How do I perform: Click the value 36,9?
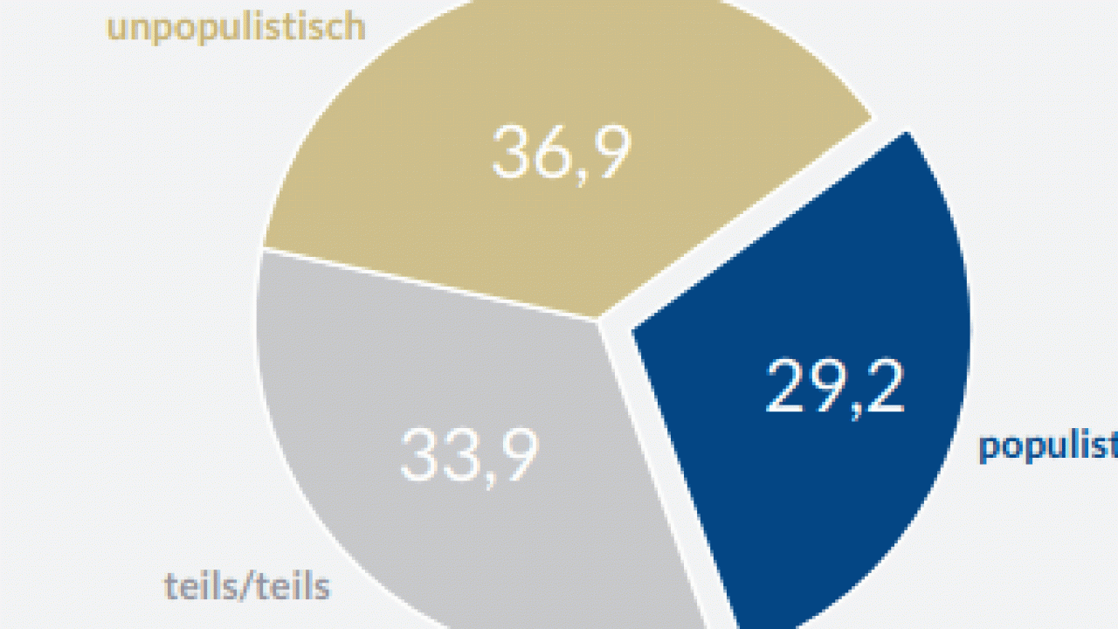(x=561, y=153)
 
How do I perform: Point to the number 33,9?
(x=469, y=454)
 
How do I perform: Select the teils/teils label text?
(x=246, y=587)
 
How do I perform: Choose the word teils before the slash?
(x=201, y=587)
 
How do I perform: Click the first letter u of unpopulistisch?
(x=115, y=30)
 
